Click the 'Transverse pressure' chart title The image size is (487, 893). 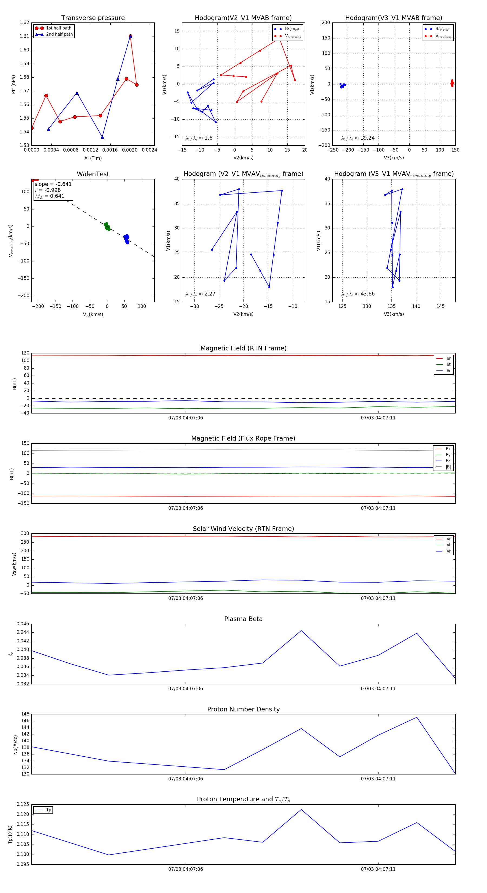coord(93,18)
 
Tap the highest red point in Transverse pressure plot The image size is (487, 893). coord(130,36)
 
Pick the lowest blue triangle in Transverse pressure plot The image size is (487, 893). coord(102,137)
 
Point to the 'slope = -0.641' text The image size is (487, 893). coord(53,184)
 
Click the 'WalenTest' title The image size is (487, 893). coord(93,174)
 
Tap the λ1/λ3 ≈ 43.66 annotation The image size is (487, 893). coord(358,294)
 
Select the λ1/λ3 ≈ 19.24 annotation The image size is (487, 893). coord(358,138)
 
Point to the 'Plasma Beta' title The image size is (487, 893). coord(243,619)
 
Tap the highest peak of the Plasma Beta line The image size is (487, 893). coord(301,631)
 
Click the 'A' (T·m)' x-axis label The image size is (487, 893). coord(93,158)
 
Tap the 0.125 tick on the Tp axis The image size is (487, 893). coord(23,804)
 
